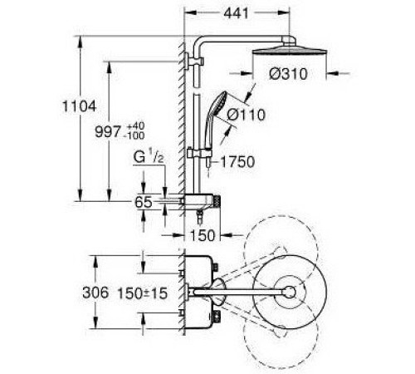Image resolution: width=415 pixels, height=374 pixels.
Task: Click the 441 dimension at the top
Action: [236, 13]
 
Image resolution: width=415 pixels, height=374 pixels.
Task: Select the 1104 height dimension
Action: [79, 106]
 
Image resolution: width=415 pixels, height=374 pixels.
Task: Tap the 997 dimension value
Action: [108, 131]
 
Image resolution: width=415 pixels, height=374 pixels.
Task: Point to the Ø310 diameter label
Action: [288, 74]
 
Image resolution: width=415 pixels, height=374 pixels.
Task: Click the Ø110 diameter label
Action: [246, 115]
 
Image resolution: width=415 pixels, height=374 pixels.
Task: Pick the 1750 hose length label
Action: [237, 162]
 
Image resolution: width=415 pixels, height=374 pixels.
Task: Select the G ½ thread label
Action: [149, 156]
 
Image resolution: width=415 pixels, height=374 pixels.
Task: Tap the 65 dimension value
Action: [144, 202]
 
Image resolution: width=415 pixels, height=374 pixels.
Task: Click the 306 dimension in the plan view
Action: [95, 293]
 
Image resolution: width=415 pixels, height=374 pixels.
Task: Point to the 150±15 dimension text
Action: [143, 293]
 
